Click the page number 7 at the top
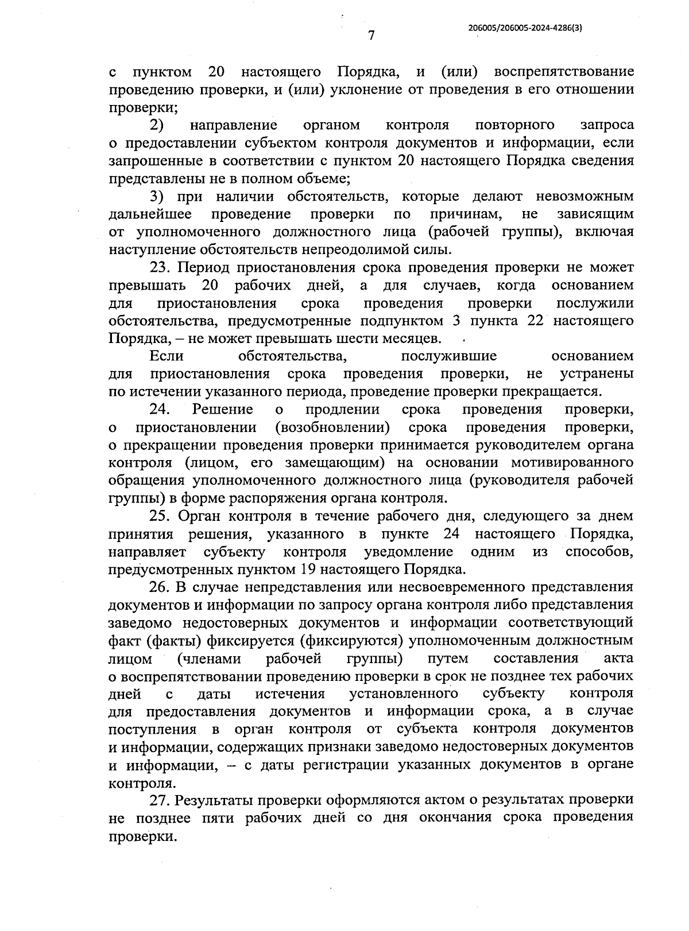click(x=371, y=36)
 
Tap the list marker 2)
click(x=157, y=125)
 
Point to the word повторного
click(x=515, y=125)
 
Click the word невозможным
click(x=585, y=196)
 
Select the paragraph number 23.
click(x=158, y=267)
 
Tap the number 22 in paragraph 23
click(x=535, y=321)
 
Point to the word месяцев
click(x=412, y=338)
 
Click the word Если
click(x=167, y=356)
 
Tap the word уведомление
click(x=408, y=552)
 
